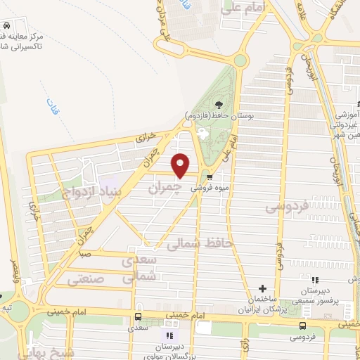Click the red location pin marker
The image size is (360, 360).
tap(181, 165)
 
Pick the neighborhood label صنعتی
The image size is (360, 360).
tap(86, 280)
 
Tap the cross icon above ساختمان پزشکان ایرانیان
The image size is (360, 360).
tap(262, 288)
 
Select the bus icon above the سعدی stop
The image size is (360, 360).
tap(138, 316)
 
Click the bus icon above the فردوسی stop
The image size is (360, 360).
tap(303, 326)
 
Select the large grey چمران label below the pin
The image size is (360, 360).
tap(166, 188)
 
